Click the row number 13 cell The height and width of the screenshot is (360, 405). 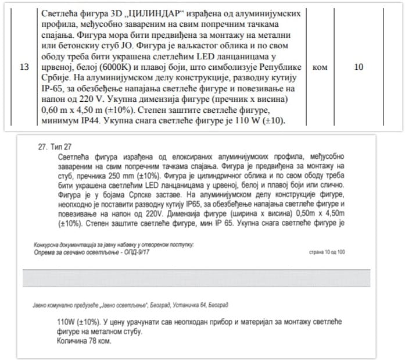coord(24,67)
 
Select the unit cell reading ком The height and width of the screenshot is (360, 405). coord(320,67)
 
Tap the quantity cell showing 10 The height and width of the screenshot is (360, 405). coord(359,67)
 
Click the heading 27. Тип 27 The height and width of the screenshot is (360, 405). coord(53,148)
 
